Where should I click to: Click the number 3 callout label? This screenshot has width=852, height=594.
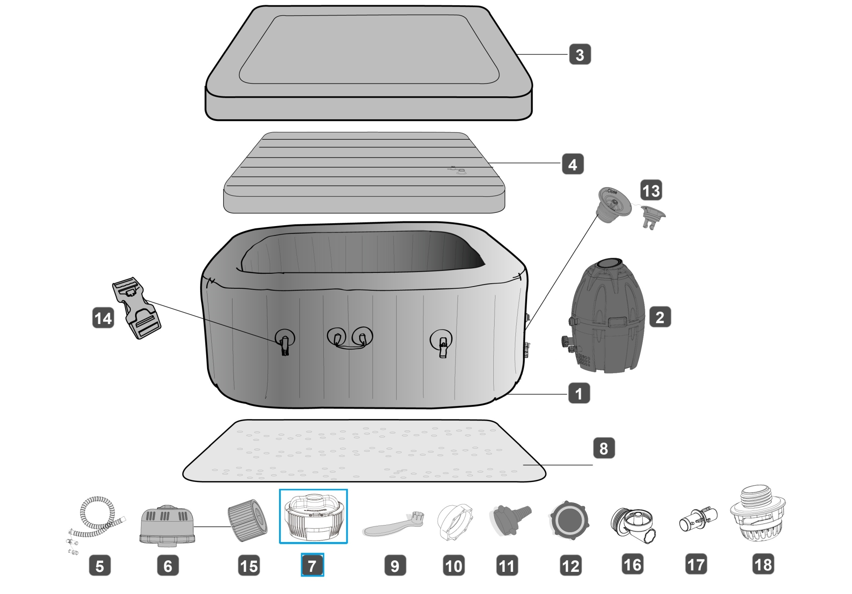pos(580,55)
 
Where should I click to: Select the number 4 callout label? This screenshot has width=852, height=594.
pos(573,164)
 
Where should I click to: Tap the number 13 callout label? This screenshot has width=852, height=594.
pos(651,190)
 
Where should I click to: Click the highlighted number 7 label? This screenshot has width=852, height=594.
pos(312,565)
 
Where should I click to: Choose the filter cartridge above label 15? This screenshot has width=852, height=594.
pos(248,520)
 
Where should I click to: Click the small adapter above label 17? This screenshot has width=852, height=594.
pos(697,519)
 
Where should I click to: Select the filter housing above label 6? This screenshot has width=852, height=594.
pos(167,526)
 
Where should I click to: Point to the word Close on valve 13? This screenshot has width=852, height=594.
pos(612,192)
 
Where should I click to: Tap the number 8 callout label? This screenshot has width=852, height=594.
pos(604,448)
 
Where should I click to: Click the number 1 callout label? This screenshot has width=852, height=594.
pos(579,393)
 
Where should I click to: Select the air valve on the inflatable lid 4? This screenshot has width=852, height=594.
pos(460,171)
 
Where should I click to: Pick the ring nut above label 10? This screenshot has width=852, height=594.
pos(455,522)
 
